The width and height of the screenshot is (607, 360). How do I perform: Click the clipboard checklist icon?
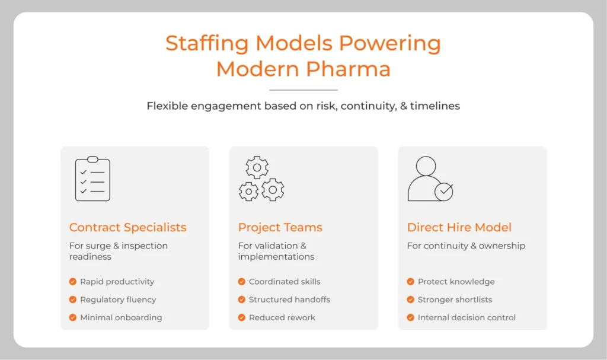coord(92,179)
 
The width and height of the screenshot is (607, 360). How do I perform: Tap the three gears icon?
coord(261,179)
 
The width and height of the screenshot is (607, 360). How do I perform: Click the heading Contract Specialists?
coord(127,227)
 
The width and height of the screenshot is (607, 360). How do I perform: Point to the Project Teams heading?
coord(280,227)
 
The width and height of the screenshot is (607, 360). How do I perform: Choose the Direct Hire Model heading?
coord(459,227)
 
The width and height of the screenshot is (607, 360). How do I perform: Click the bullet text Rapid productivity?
coord(117,282)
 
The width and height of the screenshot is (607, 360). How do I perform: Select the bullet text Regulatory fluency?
coord(118,300)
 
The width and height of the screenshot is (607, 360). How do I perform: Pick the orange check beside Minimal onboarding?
coord(73,317)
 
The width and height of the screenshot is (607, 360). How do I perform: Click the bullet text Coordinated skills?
coord(285,282)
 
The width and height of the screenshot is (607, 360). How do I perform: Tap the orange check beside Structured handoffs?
coord(242,300)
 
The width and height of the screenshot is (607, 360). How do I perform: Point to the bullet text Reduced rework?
coord(282,317)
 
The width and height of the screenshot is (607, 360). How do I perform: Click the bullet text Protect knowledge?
coord(456,282)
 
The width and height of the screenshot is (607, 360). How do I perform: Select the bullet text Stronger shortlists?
coord(455,300)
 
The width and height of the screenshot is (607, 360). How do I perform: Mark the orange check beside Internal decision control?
coord(411,317)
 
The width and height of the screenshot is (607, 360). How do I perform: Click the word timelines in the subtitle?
coord(437,106)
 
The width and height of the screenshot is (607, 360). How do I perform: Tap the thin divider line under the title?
coord(303,90)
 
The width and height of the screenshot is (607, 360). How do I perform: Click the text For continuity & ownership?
coord(466,246)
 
